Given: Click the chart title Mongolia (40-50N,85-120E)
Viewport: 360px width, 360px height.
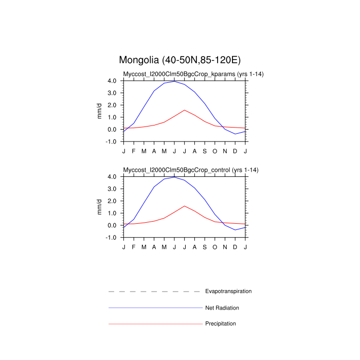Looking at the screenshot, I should coord(180,60).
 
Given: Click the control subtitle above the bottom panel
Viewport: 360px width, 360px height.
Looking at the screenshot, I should coord(190,170).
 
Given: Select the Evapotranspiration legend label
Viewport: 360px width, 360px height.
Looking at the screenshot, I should coord(228,291).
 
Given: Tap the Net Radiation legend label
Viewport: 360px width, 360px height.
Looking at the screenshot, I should coord(222,308).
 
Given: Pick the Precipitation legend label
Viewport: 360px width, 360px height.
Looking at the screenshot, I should coord(221,323).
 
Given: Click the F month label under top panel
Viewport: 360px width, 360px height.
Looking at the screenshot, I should coord(134,151).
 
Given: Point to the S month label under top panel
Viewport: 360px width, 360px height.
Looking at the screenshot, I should coord(205,151).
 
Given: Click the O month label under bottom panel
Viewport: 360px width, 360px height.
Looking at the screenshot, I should coord(215,247).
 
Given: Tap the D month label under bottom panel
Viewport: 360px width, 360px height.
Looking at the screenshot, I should coord(235,247).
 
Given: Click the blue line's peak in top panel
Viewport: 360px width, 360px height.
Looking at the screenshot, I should coord(174,81).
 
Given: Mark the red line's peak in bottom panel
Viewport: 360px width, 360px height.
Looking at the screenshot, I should coord(185,206).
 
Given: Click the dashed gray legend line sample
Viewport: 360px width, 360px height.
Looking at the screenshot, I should coord(154,292).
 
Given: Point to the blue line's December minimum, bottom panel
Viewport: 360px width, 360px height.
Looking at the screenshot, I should coord(235,230).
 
